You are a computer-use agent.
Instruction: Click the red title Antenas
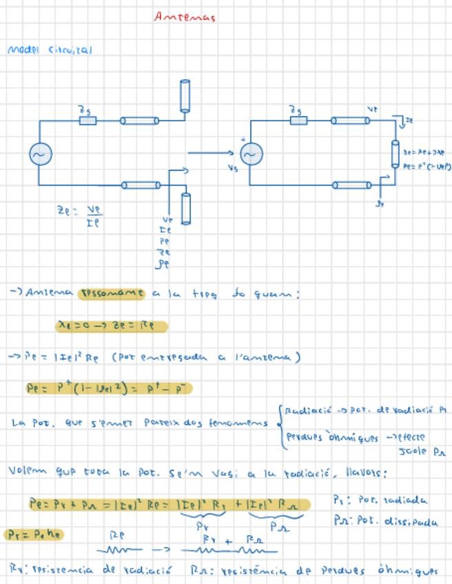click(185, 17)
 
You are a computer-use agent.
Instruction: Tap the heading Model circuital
click(49, 50)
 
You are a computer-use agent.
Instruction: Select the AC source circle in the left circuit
click(41, 154)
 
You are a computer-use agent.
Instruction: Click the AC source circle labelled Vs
click(251, 155)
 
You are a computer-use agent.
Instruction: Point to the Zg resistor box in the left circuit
click(88, 121)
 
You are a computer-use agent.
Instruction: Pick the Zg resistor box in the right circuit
click(298, 121)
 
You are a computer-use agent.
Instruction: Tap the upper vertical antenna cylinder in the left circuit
click(185, 96)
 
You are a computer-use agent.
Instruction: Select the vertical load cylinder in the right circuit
click(395, 154)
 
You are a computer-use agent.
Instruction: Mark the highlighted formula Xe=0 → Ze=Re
click(111, 325)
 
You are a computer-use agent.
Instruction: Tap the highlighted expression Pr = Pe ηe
click(34, 534)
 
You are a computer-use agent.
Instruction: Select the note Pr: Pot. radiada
click(380, 500)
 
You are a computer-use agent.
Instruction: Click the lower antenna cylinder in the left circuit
click(185, 208)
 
